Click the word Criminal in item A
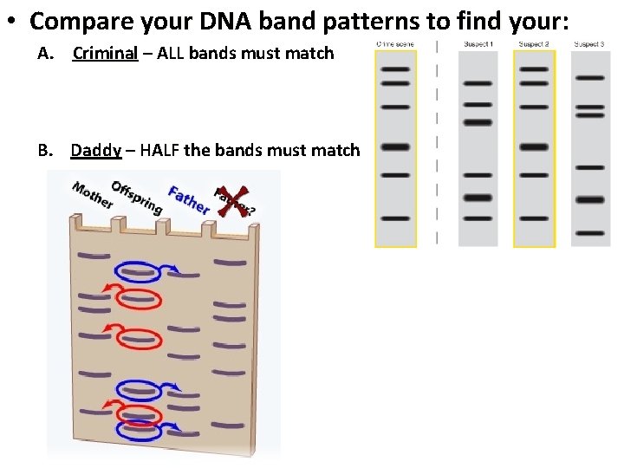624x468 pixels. point(105,54)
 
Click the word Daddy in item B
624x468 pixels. point(95,151)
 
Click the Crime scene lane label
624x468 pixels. point(394,43)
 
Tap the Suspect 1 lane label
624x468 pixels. point(478,43)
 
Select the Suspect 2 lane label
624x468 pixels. point(534,43)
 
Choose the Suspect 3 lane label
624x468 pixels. point(589,43)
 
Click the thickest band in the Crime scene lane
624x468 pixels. point(395,147)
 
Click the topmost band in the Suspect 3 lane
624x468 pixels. point(590,78)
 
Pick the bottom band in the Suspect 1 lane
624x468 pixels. point(478,218)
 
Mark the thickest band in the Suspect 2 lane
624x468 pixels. point(534,147)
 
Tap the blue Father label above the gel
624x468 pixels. point(189,200)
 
